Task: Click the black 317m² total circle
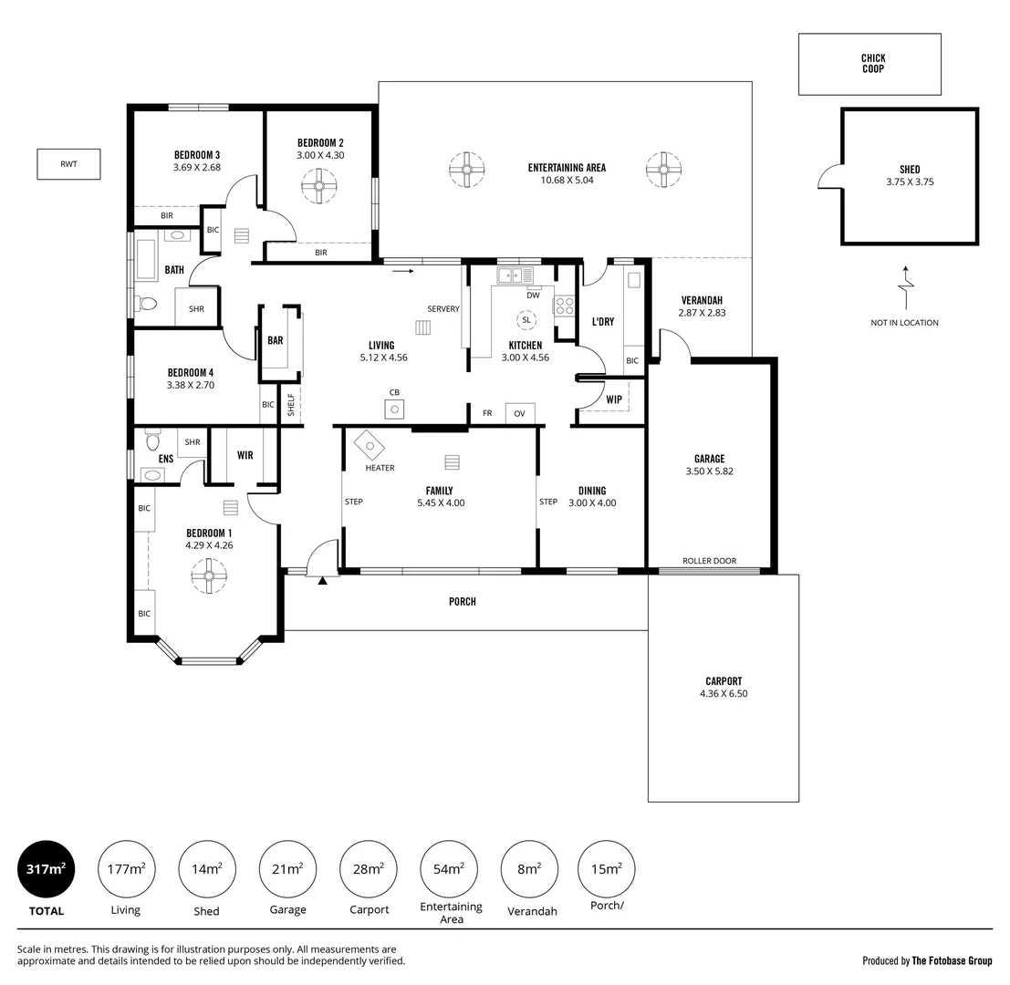point(46,868)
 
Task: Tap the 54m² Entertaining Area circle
point(449,868)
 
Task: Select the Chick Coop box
point(869,64)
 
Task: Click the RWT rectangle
point(68,164)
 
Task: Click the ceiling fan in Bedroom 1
point(208,575)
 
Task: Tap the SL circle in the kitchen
point(526,320)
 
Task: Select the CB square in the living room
point(394,410)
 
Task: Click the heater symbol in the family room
point(370,446)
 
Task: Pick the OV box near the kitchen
point(519,414)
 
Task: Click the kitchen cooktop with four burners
point(564,306)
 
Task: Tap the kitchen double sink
point(515,275)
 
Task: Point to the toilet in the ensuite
point(152,441)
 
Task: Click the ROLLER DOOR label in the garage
point(709,561)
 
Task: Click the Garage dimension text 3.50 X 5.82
point(709,472)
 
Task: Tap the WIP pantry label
point(613,399)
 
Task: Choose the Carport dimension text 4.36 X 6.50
point(724,693)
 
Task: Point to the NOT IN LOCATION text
point(904,323)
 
